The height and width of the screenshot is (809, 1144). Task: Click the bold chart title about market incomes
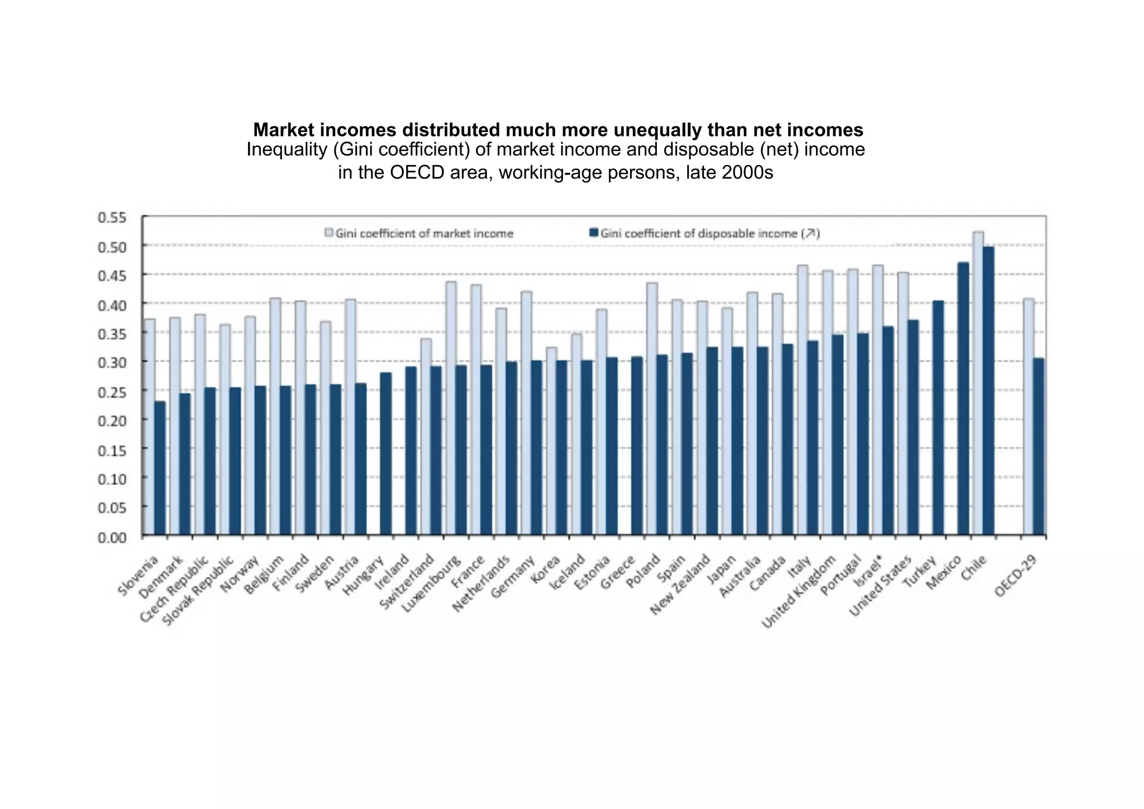tap(557, 130)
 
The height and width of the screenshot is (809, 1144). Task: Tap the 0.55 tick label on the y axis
tap(112, 217)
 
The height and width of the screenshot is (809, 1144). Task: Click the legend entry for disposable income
tap(705, 233)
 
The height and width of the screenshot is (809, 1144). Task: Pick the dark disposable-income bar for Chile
tap(988, 391)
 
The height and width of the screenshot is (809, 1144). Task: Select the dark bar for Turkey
tap(938, 418)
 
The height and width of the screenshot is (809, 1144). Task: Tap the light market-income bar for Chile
tap(978, 383)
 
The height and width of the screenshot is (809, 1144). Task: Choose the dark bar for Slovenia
tap(160, 468)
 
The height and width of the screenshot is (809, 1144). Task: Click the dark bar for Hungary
tap(385, 453)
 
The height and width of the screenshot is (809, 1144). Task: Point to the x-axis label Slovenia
tap(138, 576)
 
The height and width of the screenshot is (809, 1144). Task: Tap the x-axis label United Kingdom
tap(799, 592)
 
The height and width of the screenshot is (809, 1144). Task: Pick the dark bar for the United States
tap(913, 428)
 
